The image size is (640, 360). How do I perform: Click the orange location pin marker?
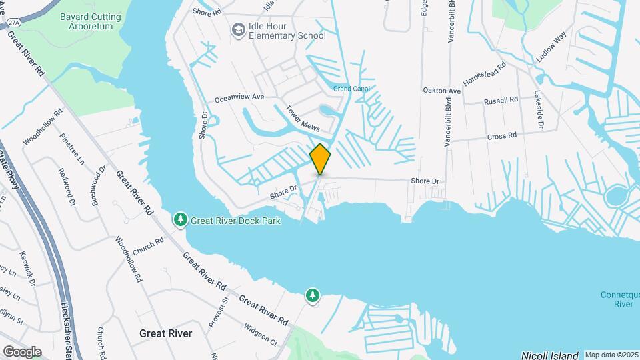pos(320,159)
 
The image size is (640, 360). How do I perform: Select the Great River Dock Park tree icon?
pos(180,219)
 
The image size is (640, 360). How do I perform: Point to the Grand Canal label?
pos(351,88)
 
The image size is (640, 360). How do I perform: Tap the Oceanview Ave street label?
pos(239,97)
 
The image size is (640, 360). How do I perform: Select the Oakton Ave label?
pos(442,90)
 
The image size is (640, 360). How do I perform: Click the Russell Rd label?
pos(501,101)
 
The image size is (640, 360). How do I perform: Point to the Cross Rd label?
pos(502,135)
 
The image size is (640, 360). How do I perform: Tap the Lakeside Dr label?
pos(539,109)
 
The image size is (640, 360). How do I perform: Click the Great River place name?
pos(165,333)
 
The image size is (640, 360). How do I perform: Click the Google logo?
pos(22,351)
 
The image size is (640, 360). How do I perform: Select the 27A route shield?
pos(14,22)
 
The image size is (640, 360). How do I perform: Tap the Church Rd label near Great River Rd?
pos(148,247)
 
